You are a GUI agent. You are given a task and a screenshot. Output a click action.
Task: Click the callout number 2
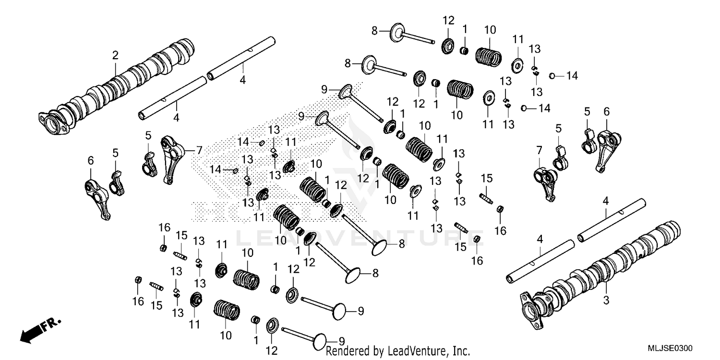(115, 56)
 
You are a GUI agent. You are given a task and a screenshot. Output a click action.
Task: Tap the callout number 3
(606, 301)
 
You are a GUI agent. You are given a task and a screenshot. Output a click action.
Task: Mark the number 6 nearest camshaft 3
(606, 112)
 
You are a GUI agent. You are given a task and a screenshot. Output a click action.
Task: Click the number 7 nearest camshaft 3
(539, 150)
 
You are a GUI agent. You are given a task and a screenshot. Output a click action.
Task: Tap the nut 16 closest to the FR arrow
(138, 279)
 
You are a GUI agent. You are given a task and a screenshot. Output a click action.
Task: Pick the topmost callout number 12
(448, 21)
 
